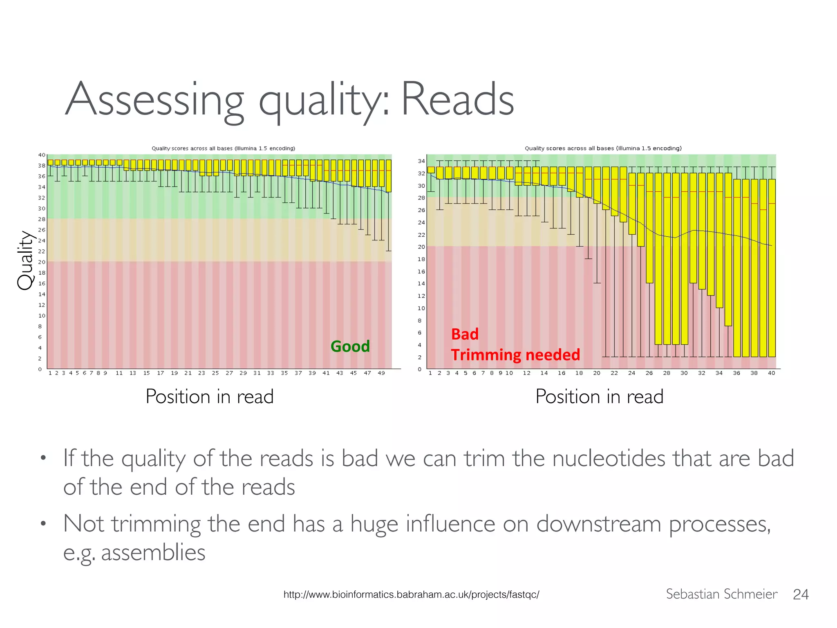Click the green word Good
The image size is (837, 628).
350,346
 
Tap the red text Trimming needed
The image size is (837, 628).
515,355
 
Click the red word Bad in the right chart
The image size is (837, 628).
465,334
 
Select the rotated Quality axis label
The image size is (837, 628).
25,260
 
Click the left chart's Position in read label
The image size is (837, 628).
209,397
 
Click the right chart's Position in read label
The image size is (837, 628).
599,397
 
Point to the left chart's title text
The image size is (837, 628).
223,148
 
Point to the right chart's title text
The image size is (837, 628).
603,148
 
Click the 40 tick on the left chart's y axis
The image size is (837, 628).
42,155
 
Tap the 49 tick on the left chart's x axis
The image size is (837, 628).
381,373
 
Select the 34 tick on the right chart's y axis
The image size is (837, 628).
421,161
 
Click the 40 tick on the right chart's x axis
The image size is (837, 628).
771,373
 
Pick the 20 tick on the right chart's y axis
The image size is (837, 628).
421,247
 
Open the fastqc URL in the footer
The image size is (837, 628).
411,594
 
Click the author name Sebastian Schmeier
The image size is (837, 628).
721,594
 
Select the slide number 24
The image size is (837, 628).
801,594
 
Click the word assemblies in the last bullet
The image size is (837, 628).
153,552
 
